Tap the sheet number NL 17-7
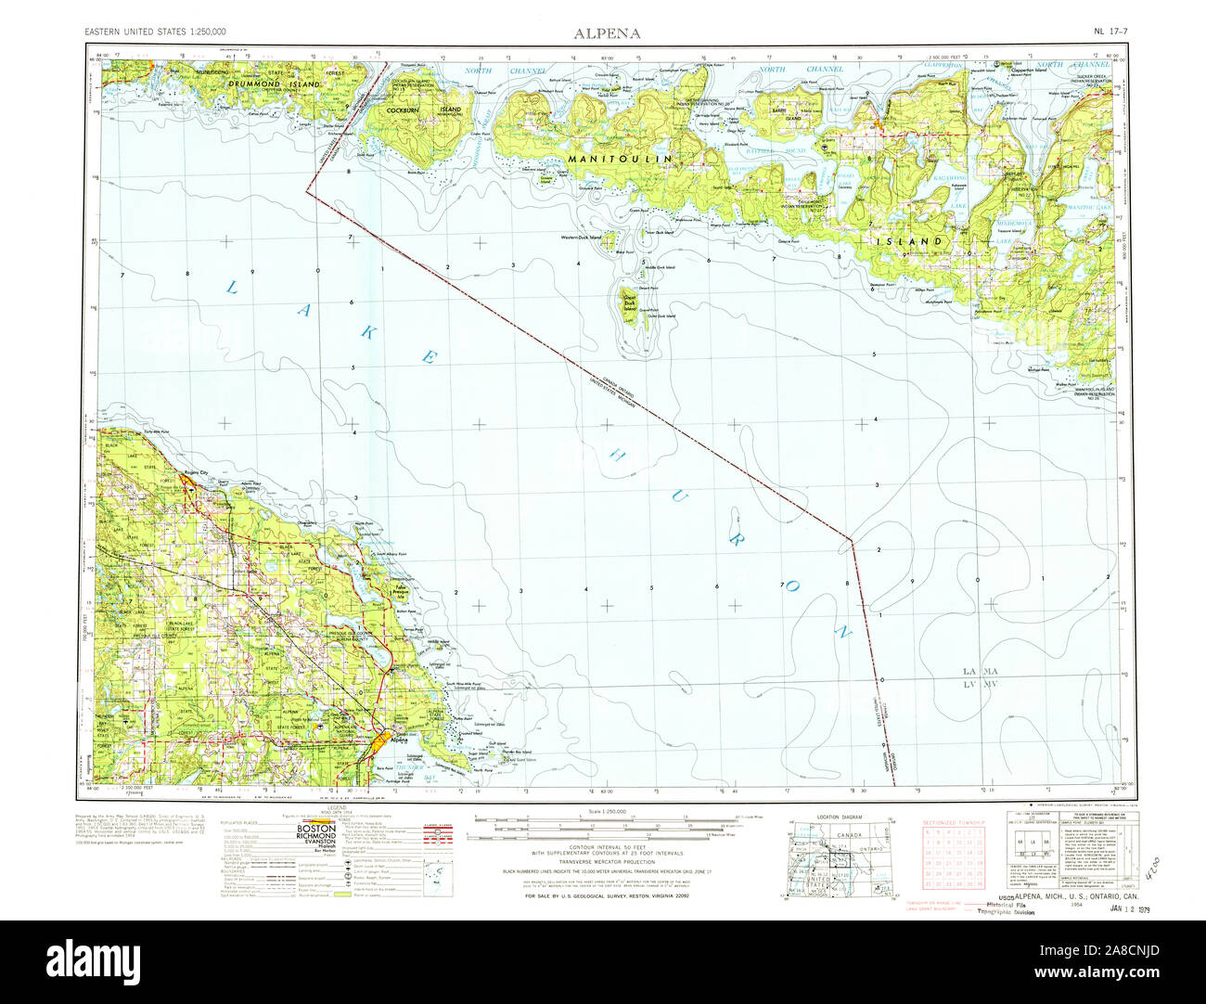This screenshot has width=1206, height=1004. click(1110, 32)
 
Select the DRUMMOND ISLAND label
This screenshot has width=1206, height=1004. click(276, 84)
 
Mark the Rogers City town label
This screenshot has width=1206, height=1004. click(197, 472)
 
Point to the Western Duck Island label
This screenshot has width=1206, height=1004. click(581, 237)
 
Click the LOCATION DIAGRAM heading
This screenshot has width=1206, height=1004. click(839, 817)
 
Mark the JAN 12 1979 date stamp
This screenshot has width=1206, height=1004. click(1130, 908)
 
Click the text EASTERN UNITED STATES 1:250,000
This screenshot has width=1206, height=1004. click(155, 32)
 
